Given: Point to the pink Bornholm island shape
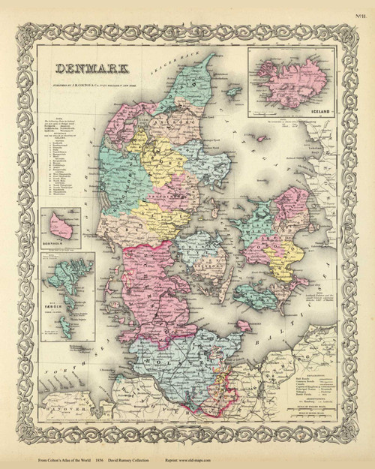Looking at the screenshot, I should point(62,225).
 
